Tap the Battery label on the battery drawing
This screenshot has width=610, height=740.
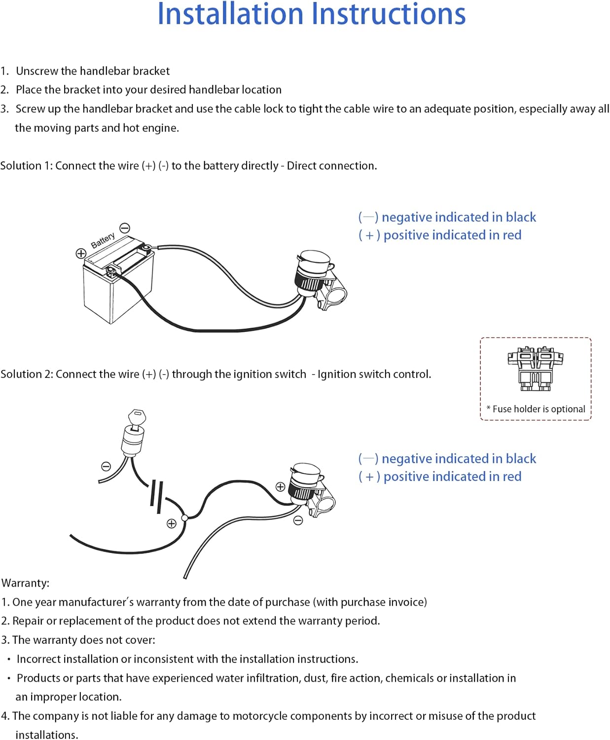pyautogui.click(x=103, y=240)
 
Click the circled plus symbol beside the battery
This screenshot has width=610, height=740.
pyautogui.click(x=81, y=254)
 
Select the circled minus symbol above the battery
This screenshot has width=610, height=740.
pyautogui.click(x=125, y=228)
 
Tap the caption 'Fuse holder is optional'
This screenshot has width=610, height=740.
pyautogui.click(x=538, y=409)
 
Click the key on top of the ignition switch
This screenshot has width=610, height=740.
pyautogui.click(x=137, y=417)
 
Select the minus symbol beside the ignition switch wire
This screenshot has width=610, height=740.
pyautogui.click(x=106, y=466)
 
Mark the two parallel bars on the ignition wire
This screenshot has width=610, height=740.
pyautogui.click(x=157, y=495)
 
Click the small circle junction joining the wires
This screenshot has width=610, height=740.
pyautogui.click(x=184, y=518)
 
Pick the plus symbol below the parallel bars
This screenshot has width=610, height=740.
pyautogui.click(x=172, y=523)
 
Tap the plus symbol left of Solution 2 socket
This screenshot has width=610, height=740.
pyautogui.click(x=280, y=486)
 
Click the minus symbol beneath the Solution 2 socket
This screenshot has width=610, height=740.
pyautogui.click(x=298, y=520)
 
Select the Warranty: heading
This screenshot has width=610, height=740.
pyautogui.click(x=26, y=583)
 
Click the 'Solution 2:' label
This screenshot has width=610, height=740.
pyautogui.click(x=27, y=374)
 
